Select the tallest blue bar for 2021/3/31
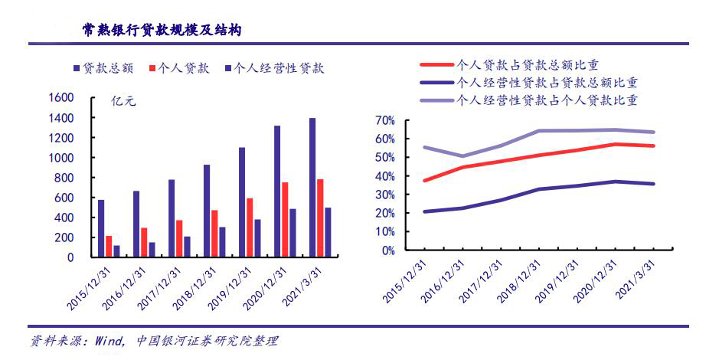(312, 188)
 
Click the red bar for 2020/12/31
(284, 220)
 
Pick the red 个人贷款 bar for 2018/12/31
(214, 234)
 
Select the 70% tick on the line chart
(384, 120)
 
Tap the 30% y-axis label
(384, 195)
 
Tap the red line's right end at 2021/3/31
(654, 146)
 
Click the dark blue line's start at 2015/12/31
(424, 211)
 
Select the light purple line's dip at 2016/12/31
(462, 156)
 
